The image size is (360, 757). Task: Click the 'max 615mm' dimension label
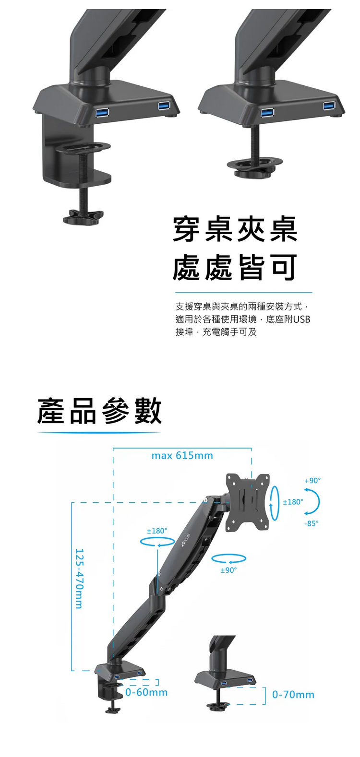pos(182,456)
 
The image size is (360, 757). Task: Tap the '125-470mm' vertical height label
pos(79,578)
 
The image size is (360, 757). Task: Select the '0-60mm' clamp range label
pos(146,692)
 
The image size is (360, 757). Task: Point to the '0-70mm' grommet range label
pos(293,695)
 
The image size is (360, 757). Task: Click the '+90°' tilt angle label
pos(312,480)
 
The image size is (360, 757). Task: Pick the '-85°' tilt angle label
pos(311,523)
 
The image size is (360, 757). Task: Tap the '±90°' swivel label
pos(229,570)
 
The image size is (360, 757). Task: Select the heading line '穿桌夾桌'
pos(235,229)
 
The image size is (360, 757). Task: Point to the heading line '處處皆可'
pos(235,267)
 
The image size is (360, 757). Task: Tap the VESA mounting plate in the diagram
pos(248,501)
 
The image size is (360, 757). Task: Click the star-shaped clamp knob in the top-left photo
pos(83,216)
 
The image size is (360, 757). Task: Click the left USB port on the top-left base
pos(102,113)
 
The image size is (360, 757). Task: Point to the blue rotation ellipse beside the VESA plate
pos(275,503)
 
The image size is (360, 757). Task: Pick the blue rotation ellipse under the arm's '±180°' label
pos(157,542)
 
